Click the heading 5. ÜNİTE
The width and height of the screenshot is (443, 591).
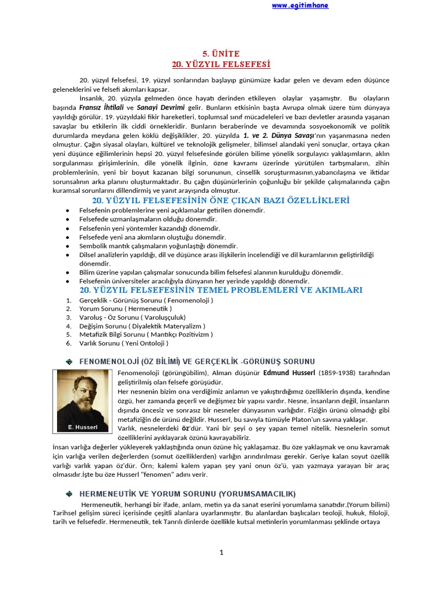[x=221, y=53]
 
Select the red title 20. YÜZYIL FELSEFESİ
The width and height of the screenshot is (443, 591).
[x=221, y=63]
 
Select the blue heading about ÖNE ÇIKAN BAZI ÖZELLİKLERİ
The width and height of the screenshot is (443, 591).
[x=221, y=200]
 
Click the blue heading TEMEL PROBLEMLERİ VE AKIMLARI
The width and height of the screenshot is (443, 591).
[x=221, y=290]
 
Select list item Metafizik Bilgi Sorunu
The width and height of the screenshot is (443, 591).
[x=146, y=334]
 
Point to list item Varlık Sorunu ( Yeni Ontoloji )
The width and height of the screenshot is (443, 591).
[x=123, y=342]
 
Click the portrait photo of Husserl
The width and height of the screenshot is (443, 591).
[x=84, y=398]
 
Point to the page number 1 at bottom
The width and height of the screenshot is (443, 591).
[x=221, y=552]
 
